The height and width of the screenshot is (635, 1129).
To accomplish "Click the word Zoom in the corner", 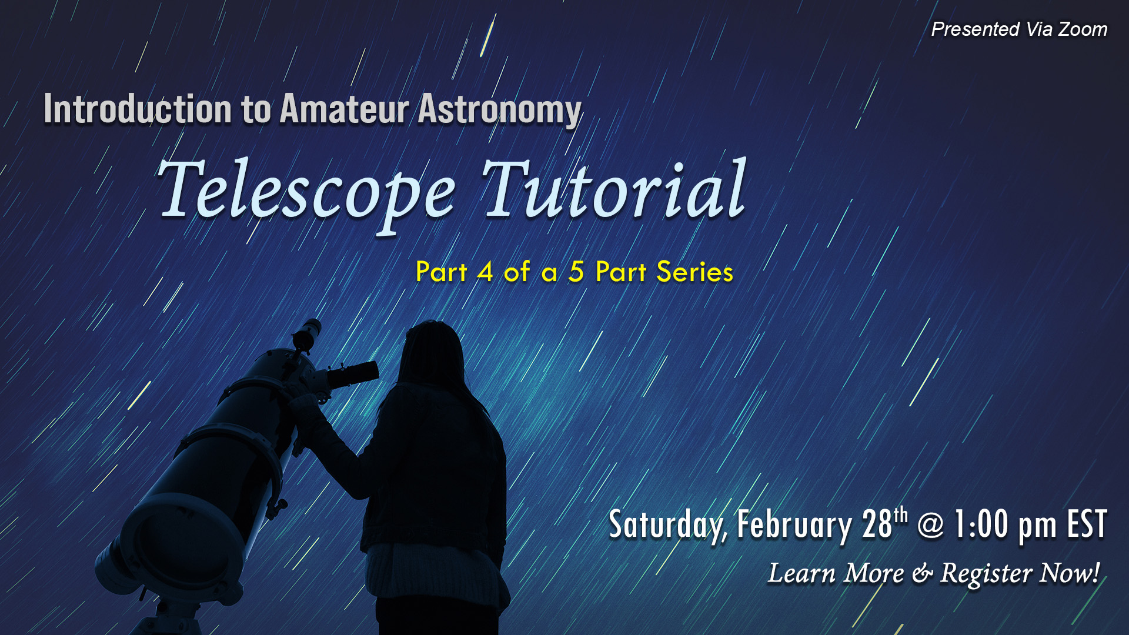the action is pos(1083,29).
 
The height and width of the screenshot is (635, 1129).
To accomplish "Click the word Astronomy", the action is pos(500,111).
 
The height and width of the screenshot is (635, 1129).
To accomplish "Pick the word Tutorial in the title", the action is pos(614,188).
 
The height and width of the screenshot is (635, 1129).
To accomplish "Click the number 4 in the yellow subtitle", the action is pos(485,272).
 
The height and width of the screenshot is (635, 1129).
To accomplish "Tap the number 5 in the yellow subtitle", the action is pos(576,272).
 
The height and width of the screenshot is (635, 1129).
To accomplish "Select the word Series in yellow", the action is pos(695,272).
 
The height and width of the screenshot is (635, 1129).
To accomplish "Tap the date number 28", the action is pos(877,523).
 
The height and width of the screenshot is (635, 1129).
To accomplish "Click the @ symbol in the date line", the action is pos(930,524).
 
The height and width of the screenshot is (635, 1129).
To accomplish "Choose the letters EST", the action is pos(1087,523).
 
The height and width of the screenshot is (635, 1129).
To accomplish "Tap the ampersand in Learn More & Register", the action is pos(922,574).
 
